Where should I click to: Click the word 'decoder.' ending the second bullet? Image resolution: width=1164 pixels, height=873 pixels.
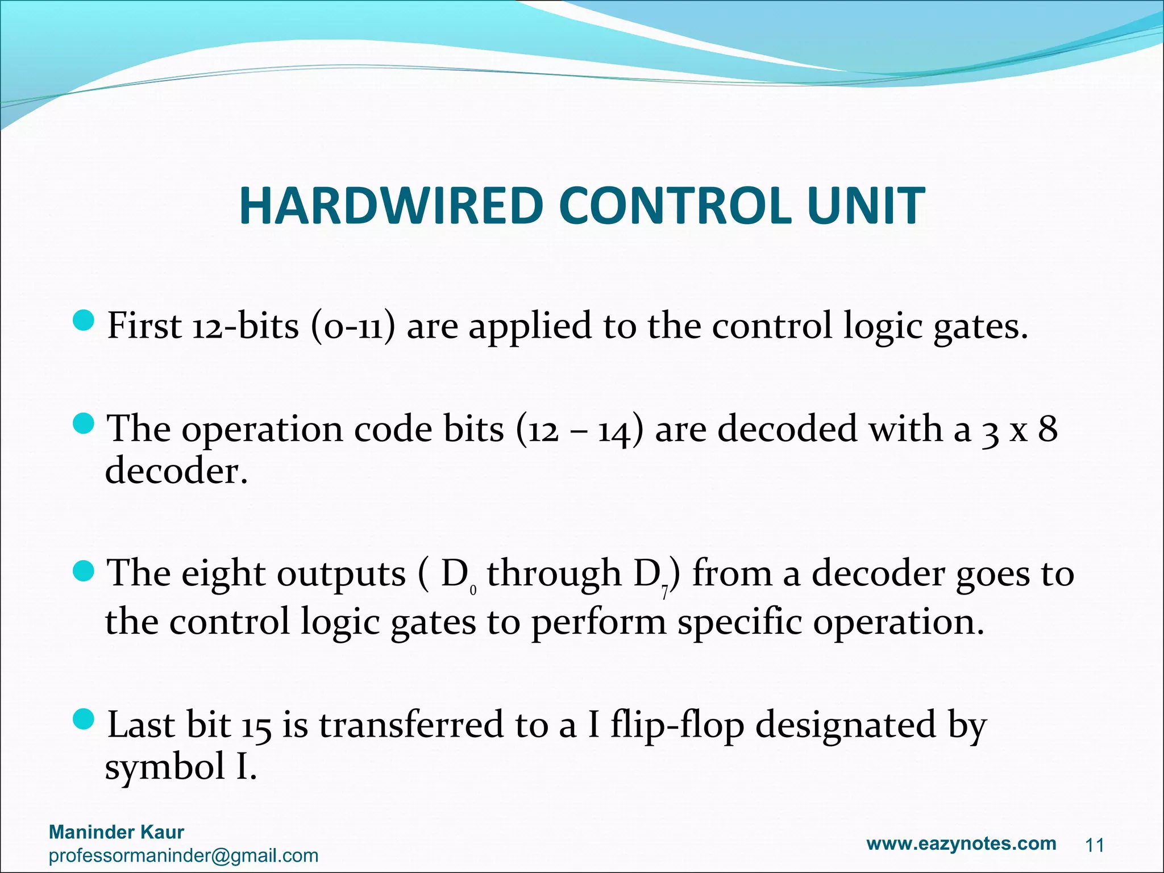click(177, 471)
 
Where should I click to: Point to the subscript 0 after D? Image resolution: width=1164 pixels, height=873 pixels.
click(473, 592)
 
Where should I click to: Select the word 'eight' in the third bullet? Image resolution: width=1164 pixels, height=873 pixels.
click(223, 574)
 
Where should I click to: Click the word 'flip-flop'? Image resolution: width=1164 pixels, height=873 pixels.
click(677, 726)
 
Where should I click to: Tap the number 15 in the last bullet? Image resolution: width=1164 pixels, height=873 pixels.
click(256, 726)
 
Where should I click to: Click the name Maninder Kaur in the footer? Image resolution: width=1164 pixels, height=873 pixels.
click(117, 832)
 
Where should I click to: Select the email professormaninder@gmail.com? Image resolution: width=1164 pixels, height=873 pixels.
click(184, 855)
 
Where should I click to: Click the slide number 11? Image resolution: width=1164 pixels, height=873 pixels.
click(1094, 846)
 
